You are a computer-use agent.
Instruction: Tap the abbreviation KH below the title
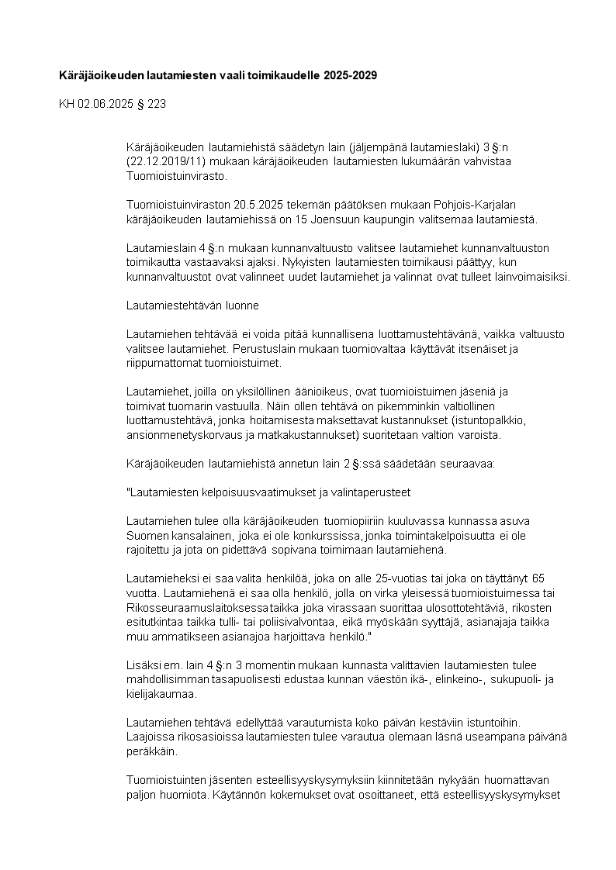coord(67,103)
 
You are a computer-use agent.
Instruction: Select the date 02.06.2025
coord(104,103)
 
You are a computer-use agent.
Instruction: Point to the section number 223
coord(157,103)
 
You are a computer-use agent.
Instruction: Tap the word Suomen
coord(146,535)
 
